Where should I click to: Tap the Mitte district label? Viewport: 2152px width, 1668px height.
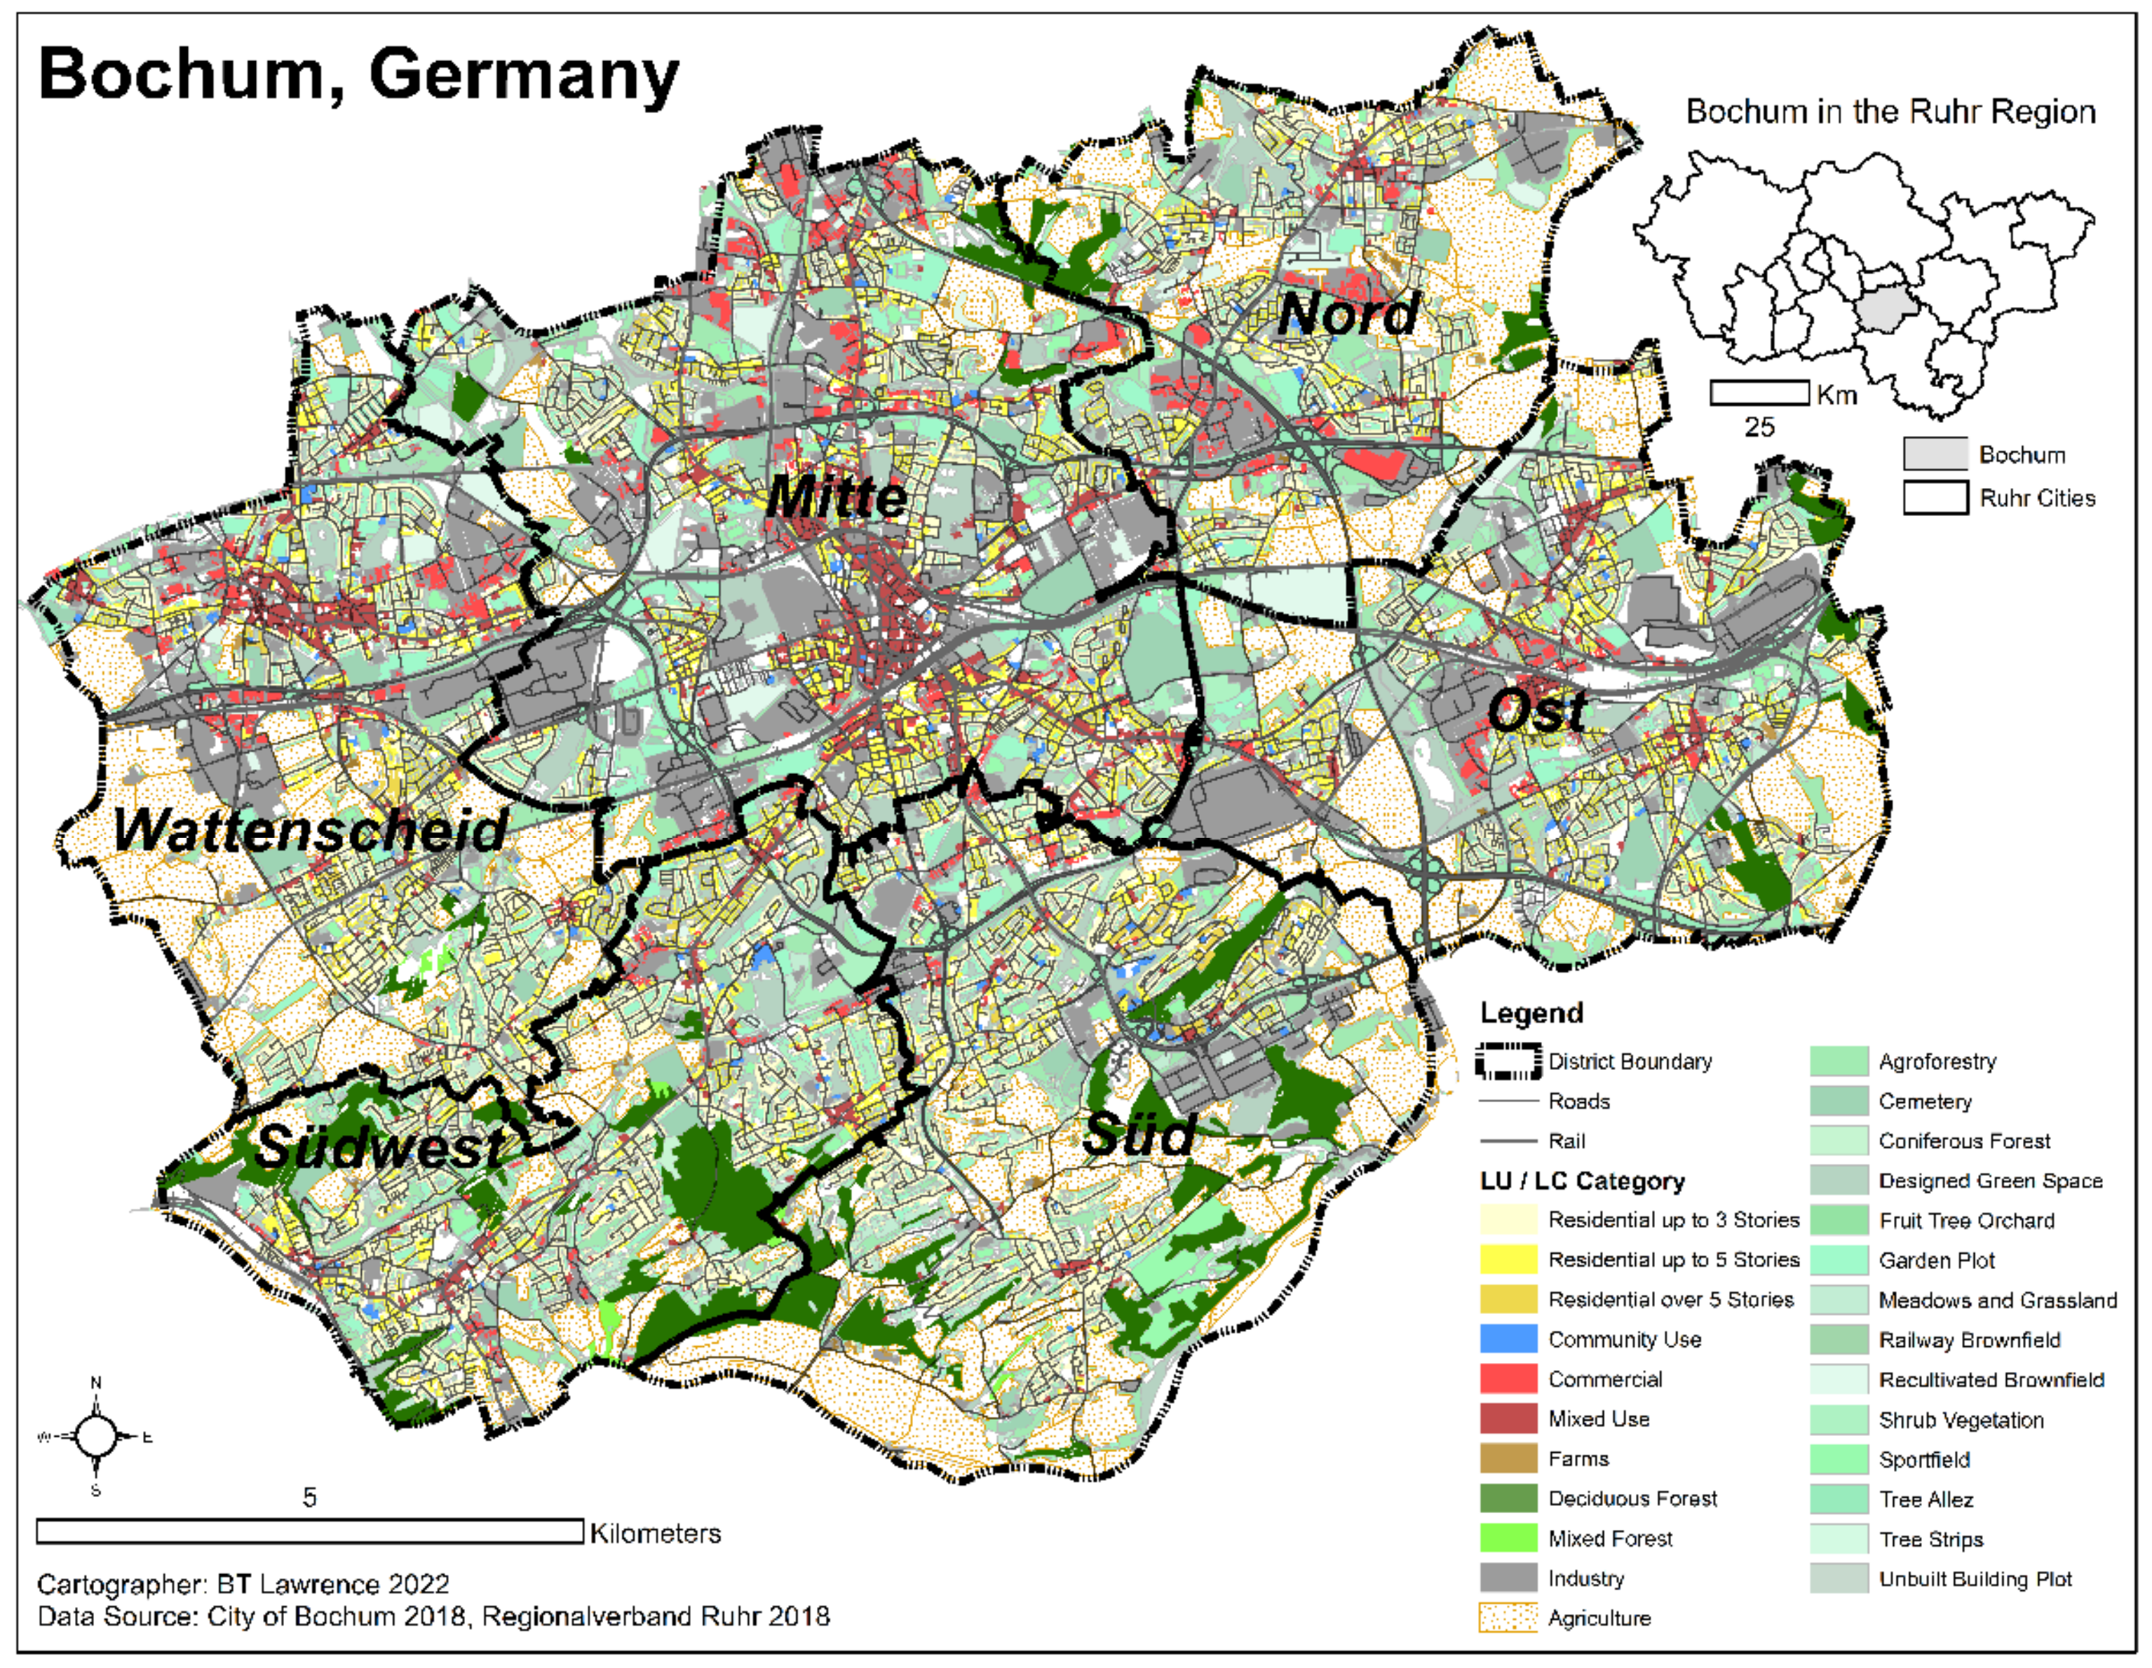(837, 496)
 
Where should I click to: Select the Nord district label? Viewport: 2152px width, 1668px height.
(1348, 314)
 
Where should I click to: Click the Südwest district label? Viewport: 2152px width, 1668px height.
(379, 1148)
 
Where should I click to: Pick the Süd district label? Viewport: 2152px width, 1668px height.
(1139, 1136)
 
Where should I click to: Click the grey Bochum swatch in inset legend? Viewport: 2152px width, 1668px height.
(1934, 454)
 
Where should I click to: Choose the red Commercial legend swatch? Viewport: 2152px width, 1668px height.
(1508, 1378)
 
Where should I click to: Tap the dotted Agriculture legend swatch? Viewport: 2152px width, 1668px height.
(1508, 1618)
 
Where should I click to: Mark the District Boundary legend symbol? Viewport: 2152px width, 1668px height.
(1508, 1061)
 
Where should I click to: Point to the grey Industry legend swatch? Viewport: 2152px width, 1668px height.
(1508, 1578)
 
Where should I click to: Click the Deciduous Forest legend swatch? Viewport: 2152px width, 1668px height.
(1508, 1498)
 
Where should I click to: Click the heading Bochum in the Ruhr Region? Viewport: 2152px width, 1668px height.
(1890, 111)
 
